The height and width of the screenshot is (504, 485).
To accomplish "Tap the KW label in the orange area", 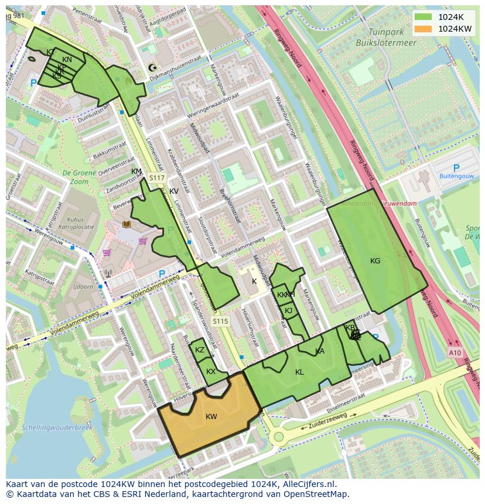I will coord(211,417).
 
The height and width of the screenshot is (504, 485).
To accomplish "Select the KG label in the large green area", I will coord(375,261).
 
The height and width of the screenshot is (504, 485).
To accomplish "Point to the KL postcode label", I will coord(299,372).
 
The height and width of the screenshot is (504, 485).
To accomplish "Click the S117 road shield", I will coord(157,178).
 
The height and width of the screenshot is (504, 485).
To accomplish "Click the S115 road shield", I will coord(220,321).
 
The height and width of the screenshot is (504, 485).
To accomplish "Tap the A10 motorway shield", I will coord(455,352).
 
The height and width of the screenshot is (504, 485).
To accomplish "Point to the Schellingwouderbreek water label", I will coord(57,428).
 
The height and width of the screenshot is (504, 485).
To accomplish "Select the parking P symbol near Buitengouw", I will coord(456,169).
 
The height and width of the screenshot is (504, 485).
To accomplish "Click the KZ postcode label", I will coord(200,350).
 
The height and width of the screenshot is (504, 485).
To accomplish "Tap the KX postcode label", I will coord(211,372).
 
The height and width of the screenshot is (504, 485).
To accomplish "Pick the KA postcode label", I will coord(320,351).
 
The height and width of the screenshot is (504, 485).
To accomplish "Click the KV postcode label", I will coord(174,191).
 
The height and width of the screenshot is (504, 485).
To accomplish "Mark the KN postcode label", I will coord(67,60).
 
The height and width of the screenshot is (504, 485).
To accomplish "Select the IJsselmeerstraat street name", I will coord(338,402).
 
